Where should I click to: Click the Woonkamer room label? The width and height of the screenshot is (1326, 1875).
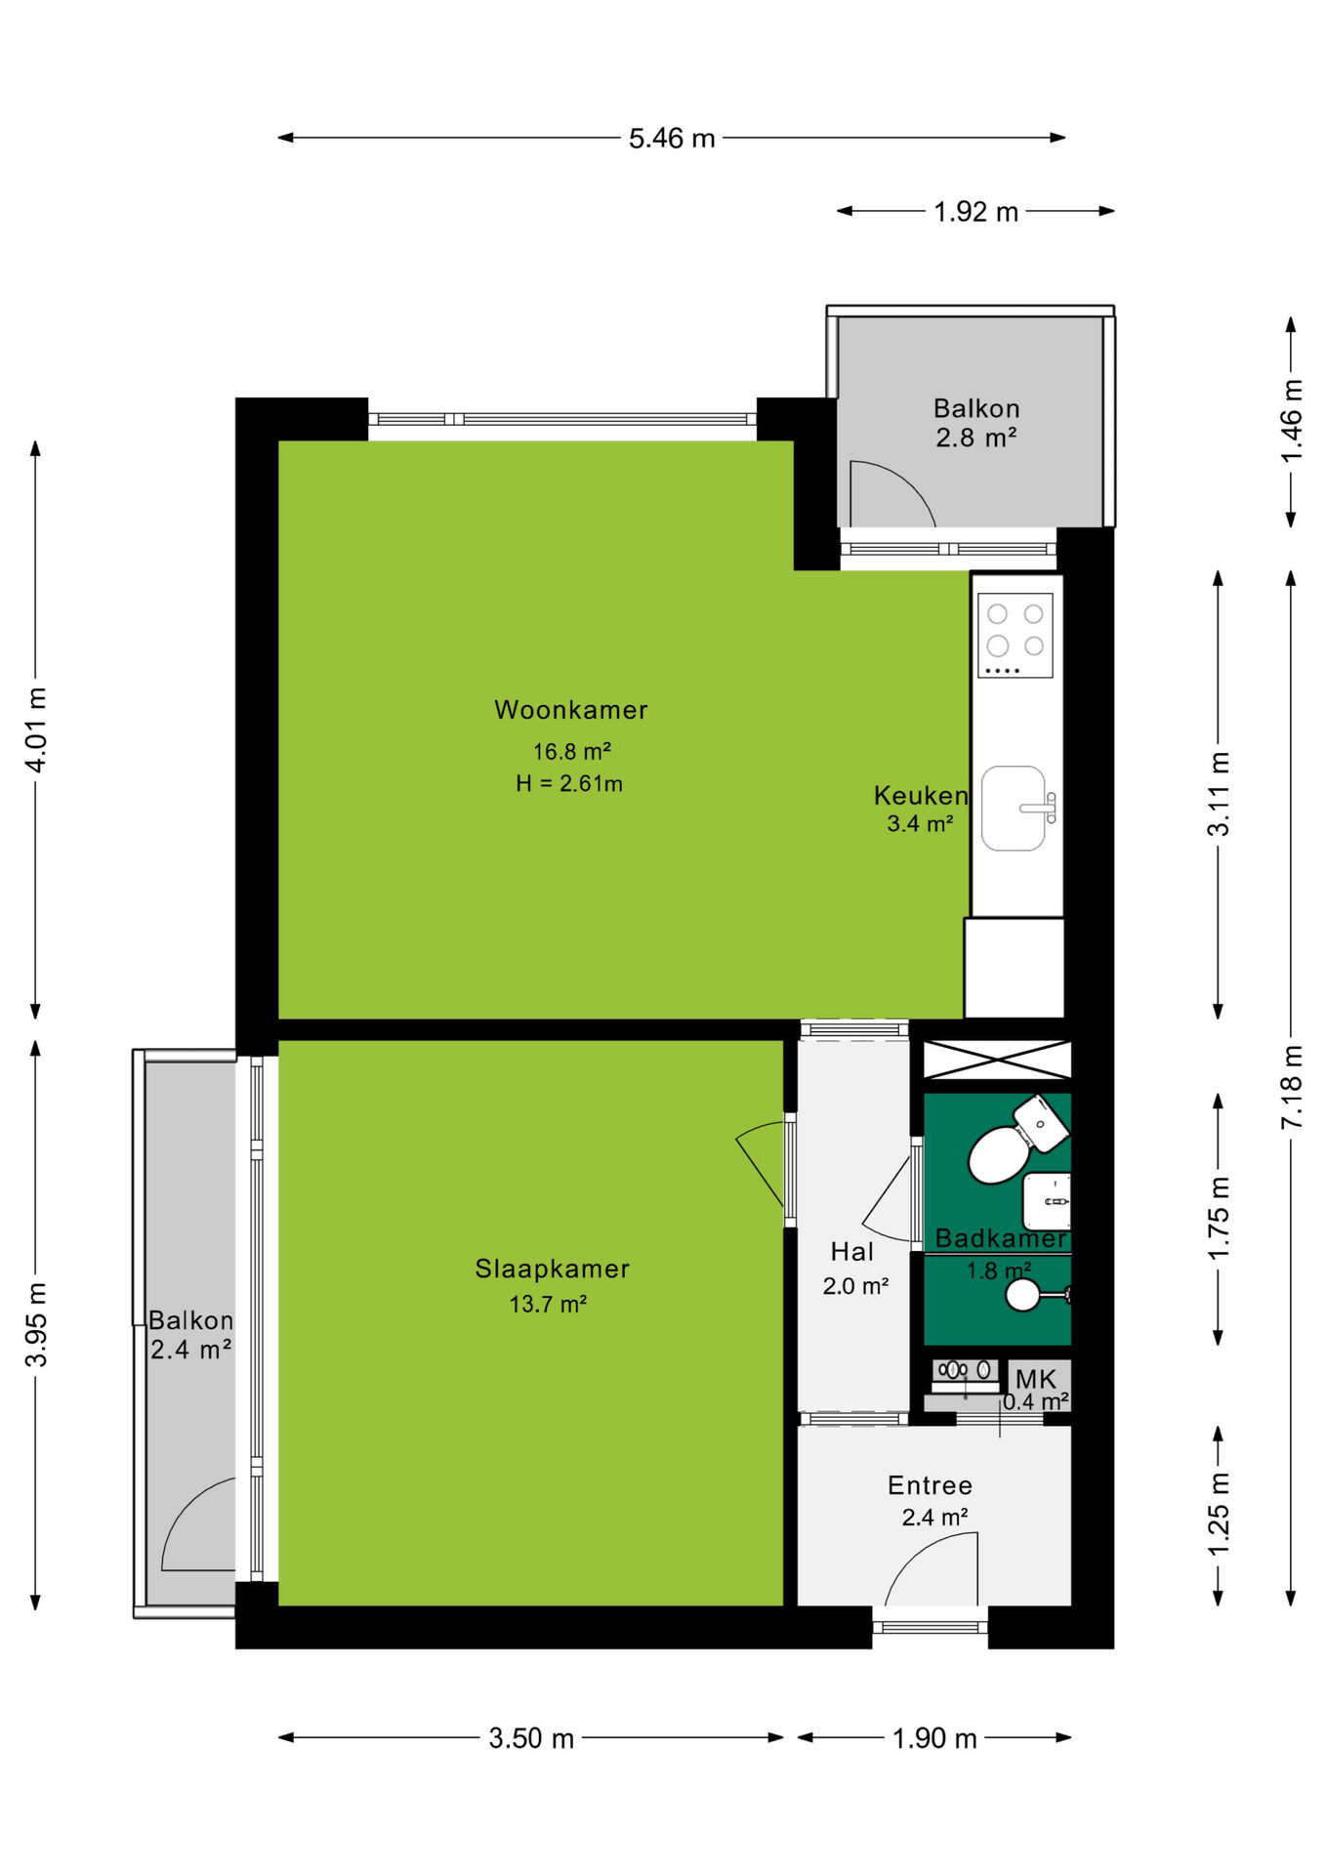[x=570, y=710]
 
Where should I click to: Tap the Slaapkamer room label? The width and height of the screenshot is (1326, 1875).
[x=552, y=1269]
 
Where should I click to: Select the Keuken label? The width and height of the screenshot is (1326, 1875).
[x=920, y=795]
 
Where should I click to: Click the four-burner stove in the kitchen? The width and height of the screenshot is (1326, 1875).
[x=1015, y=636]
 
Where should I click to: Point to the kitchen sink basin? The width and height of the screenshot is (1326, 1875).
[x=1014, y=809]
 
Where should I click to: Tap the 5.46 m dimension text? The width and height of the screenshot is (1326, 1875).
[x=672, y=139]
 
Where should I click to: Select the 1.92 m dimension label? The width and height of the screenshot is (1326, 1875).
[x=975, y=212]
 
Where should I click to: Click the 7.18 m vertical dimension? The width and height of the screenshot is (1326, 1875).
[x=1292, y=1087]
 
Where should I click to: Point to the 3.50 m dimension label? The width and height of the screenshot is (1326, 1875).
[x=531, y=1738]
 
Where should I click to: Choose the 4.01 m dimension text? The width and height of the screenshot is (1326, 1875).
[x=36, y=729]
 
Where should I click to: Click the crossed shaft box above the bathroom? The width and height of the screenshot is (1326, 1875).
[x=997, y=1060]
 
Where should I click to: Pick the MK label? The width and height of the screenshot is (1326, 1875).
[x=1035, y=1379]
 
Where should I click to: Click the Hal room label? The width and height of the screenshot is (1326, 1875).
[x=851, y=1252]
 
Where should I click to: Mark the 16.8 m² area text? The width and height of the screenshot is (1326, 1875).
[x=571, y=751]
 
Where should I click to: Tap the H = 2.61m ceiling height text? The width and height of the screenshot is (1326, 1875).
[x=569, y=783]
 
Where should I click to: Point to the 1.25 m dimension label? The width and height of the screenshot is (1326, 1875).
[x=1219, y=1515]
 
